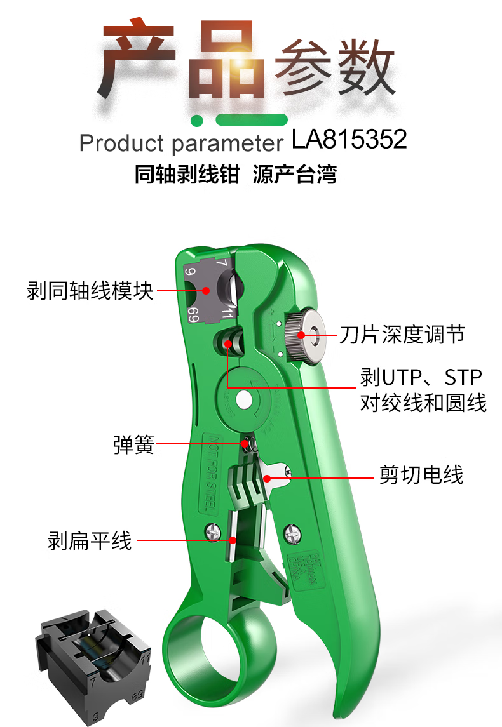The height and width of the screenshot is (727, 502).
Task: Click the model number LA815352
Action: (349, 140)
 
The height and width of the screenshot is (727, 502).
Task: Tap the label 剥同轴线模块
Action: (90, 291)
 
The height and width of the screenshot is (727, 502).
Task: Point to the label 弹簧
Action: (133, 444)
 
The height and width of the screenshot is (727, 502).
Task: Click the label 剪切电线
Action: (421, 474)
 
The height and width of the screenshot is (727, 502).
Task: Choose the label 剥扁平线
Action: (90, 540)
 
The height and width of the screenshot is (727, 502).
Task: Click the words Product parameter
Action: (181, 143)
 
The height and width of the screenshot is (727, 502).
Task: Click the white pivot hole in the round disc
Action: (243, 399)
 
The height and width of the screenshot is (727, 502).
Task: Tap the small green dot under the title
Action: (198, 120)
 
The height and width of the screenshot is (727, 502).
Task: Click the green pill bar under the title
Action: (252, 120)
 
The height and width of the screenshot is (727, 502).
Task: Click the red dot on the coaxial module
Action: (206, 291)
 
